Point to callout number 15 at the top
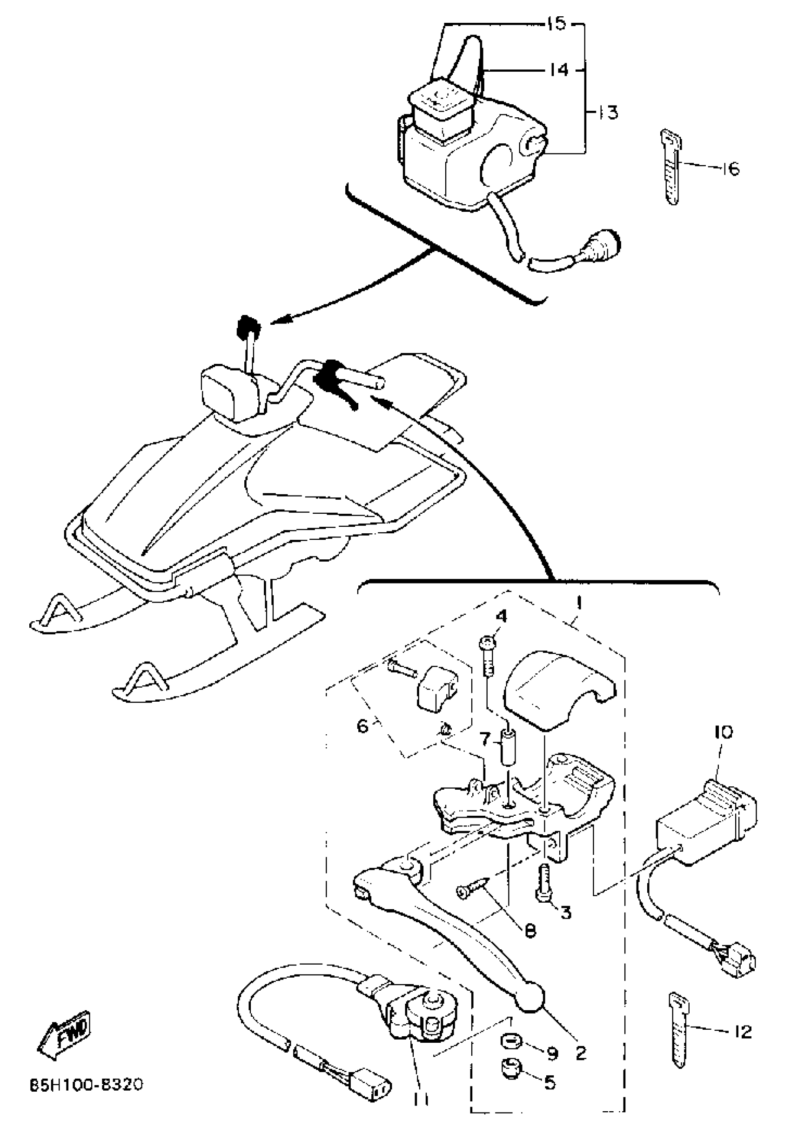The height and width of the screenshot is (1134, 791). point(557,23)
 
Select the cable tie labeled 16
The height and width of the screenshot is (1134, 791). point(671,168)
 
